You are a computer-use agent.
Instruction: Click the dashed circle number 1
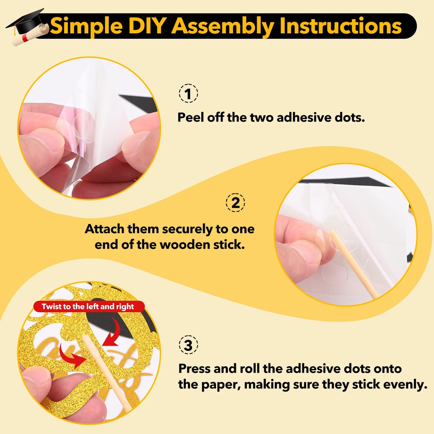(188, 93)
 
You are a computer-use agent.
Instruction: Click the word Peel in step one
(190, 117)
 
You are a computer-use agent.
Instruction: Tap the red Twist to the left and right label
(89, 307)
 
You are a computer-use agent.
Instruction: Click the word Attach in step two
(105, 229)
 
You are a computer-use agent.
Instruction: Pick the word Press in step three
(194, 369)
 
